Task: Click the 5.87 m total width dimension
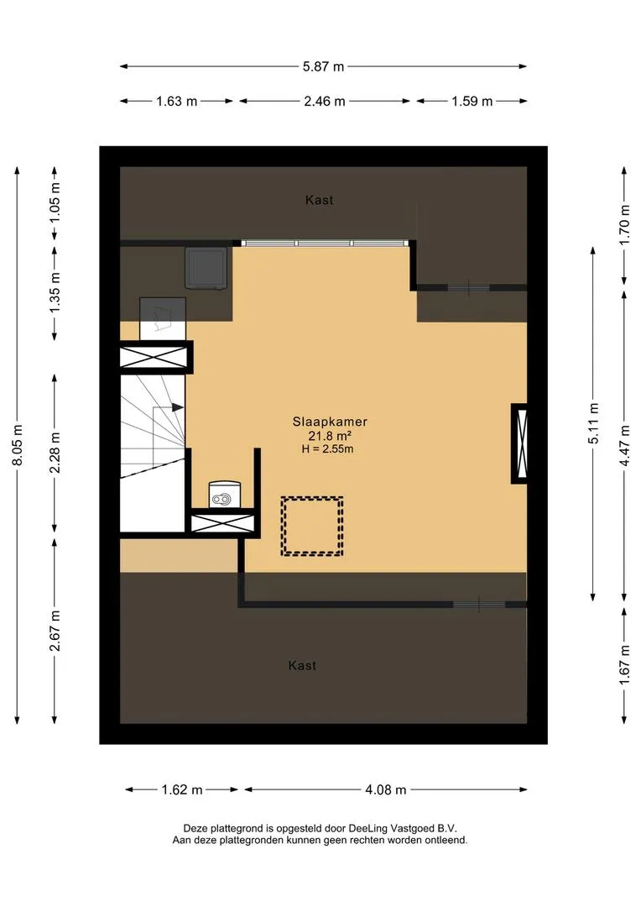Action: (x=323, y=66)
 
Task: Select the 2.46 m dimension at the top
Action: (x=324, y=102)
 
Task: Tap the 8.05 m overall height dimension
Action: (x=18, y=445)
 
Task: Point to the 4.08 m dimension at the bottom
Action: (x=386, y=789)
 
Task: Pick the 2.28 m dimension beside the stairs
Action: (x=55, y=453)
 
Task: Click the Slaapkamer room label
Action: (x=330, y=422)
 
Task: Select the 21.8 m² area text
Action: (x=330, y=436)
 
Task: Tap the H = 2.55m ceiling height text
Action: (x=328, y=448)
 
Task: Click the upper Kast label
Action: (x=319, y=200)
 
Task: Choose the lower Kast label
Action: (x=302, y=666)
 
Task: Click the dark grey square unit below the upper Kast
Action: (x=206, y=268)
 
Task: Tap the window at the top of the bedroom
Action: (x=325, y=244)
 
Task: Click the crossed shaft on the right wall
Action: (x=519, y=443)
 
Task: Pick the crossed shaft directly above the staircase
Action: (x=156, y=358)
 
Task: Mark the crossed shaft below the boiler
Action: (x=222, y=523)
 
